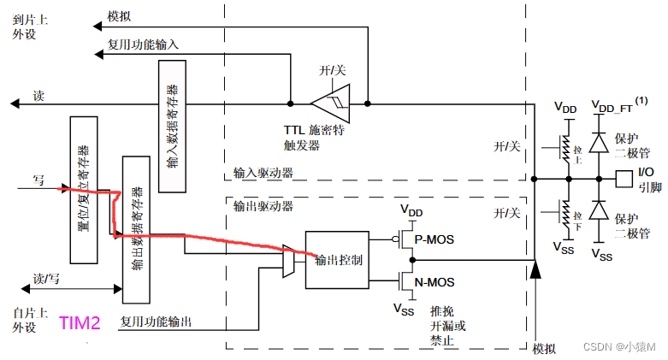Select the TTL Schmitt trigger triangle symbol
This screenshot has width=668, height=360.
328,104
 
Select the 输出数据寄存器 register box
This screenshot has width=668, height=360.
137,228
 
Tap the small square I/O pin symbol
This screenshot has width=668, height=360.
624,179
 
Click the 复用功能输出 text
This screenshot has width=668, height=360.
156,322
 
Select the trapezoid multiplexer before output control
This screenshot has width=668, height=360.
288,260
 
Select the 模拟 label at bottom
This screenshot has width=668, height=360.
544,349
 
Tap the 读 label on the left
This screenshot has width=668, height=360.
38,95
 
